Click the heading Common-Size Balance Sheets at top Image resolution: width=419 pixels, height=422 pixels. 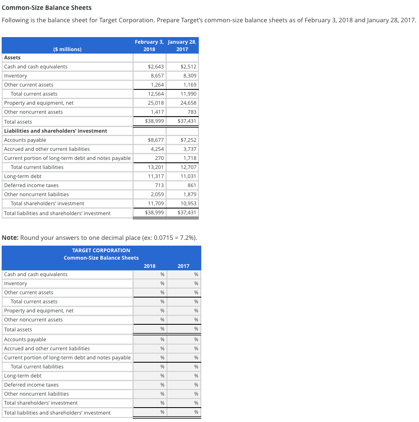click(47, 8)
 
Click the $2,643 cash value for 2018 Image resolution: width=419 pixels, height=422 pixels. click(155, 67)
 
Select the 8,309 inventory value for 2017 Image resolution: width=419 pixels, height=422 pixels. click(188, 76)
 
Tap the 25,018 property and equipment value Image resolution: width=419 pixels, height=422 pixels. click(155, 103)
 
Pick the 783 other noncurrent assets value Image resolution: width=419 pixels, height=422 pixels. click(192, 112)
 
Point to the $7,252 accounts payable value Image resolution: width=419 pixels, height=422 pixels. click(188, 140)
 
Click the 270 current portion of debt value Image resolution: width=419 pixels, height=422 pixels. click(159, 158)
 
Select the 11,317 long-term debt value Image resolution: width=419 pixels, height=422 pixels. click(155, 176)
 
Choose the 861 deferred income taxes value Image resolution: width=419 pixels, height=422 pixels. click(192, 185)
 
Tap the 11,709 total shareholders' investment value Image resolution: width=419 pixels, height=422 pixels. click(155, 204)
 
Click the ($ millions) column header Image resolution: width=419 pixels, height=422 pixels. click(68, 49)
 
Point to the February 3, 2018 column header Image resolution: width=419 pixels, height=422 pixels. click(149, 45)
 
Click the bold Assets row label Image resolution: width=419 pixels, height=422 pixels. click(12, 58)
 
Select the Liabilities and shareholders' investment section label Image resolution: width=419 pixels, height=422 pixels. click(56, 131)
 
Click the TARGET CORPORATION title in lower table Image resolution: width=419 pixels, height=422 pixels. click(101, 251)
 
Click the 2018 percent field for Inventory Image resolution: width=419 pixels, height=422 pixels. click(150, 284)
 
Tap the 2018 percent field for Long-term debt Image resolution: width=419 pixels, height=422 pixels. click(150, 376)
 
